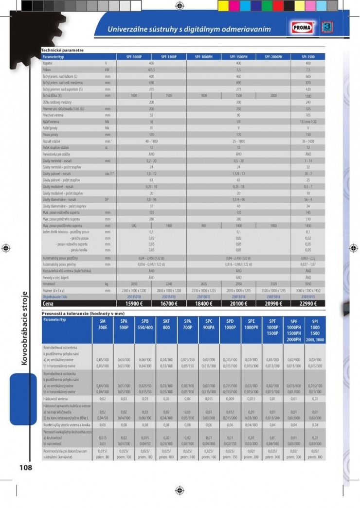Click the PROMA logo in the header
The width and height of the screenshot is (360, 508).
point(304,29)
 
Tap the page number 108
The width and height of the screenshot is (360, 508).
point(26,468)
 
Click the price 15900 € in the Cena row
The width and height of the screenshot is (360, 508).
point(134,303)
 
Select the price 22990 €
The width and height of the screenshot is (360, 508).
point(308,303)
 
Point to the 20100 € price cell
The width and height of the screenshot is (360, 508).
point(238,303)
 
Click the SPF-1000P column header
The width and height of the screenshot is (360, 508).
point(134,57)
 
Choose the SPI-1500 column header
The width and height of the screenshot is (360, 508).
point(308,57)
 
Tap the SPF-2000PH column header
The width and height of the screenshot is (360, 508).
point(273,57)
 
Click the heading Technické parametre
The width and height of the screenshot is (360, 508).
point(62,50)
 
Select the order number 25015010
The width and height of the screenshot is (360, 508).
point(134,296)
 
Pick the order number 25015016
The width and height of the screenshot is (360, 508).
point(273,296)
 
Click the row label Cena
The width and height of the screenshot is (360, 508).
point(48,303)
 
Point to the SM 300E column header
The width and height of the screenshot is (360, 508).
point(103,325)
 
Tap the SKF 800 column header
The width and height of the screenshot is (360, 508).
point(166,325)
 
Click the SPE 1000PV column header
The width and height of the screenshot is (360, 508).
point(252,325)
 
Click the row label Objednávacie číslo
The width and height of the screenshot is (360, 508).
point(57,296)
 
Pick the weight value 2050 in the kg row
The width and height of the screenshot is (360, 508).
point(134,283)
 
